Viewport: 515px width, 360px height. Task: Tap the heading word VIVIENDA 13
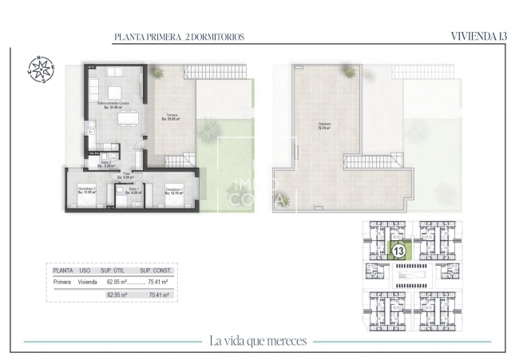[x=478, y=36]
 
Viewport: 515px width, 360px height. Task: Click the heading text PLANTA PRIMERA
[x=146, y=37]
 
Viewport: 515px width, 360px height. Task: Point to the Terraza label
[x=172, y=117]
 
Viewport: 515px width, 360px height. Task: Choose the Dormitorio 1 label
[x=173, y=190]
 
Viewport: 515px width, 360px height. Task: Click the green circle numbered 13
[x=397, y=251]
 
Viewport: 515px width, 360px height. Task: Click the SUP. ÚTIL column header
[x=119, y=270]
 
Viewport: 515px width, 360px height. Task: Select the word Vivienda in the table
[x=87, y=282]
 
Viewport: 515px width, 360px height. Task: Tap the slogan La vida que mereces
[x=257, y=341]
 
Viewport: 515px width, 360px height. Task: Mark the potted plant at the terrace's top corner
[x=157, y=73]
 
